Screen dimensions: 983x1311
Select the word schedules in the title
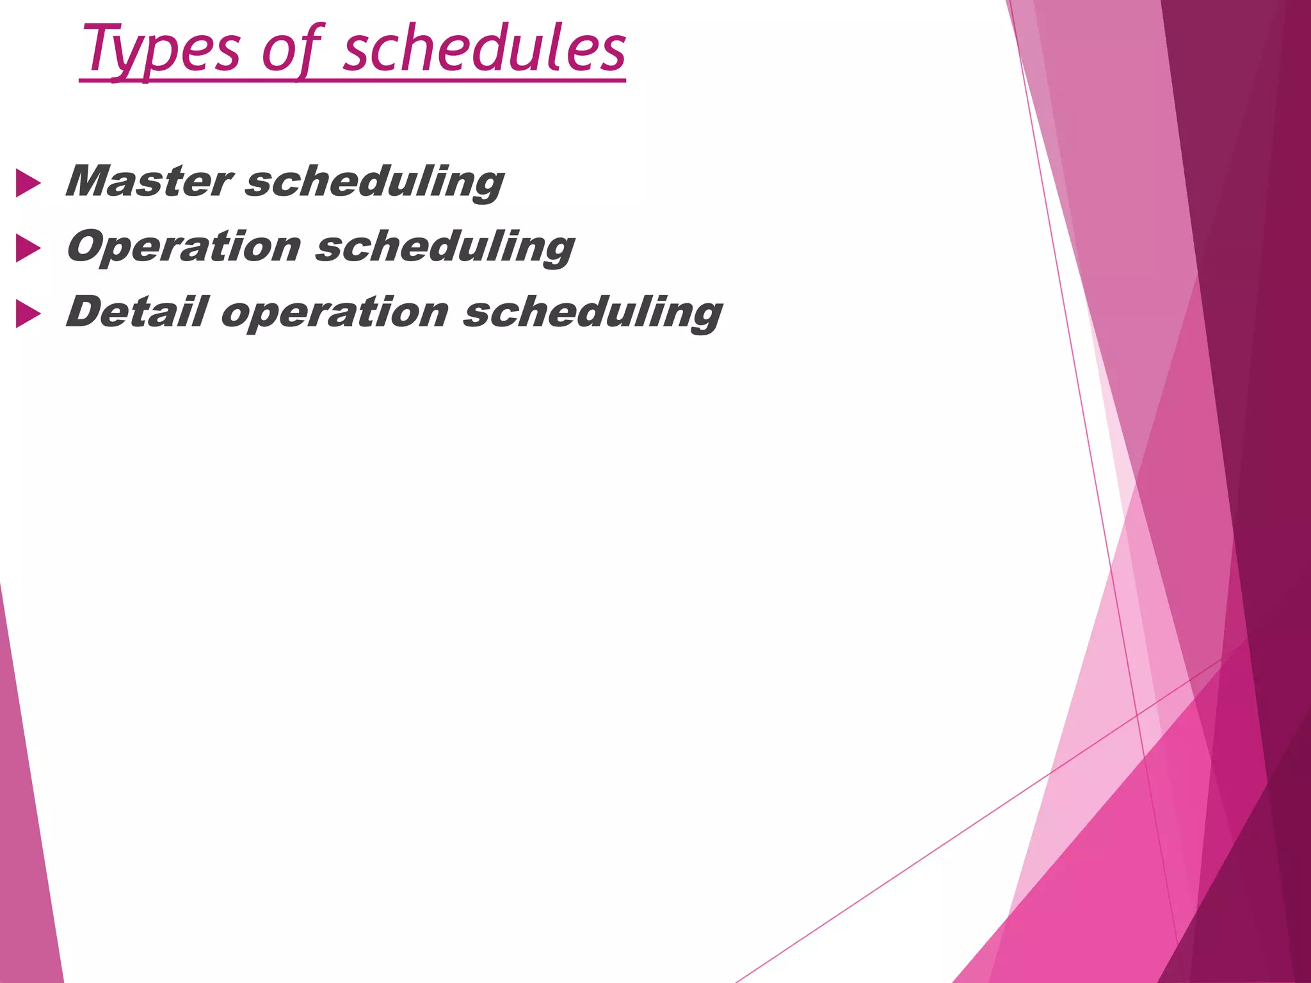(484, 50)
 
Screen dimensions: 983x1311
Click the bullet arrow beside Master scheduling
(28, 184)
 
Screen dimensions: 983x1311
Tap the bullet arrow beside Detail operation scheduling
(28, 314)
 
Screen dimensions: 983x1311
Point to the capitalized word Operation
(184, 247)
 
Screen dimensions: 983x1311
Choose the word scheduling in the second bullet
(445, 248)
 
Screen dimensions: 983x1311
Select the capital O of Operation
(86, 246)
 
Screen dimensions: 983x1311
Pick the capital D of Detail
(85, 312)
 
